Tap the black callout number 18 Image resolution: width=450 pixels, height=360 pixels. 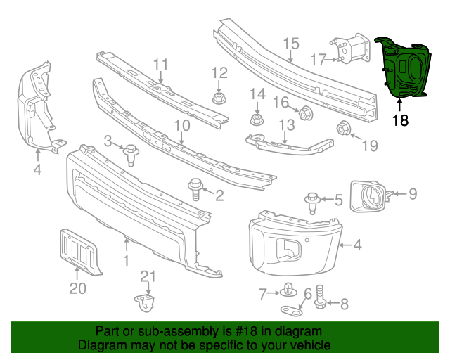400,120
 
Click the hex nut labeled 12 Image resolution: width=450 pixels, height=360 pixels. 219,97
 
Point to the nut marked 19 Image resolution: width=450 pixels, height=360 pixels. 345,128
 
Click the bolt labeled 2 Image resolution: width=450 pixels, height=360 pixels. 195,187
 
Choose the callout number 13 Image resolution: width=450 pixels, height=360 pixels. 287,125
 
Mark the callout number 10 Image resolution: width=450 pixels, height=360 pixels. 182,125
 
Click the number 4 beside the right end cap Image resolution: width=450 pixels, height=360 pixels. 358,245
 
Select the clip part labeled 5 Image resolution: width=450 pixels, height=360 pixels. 313,201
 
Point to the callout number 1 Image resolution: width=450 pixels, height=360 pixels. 126,262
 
